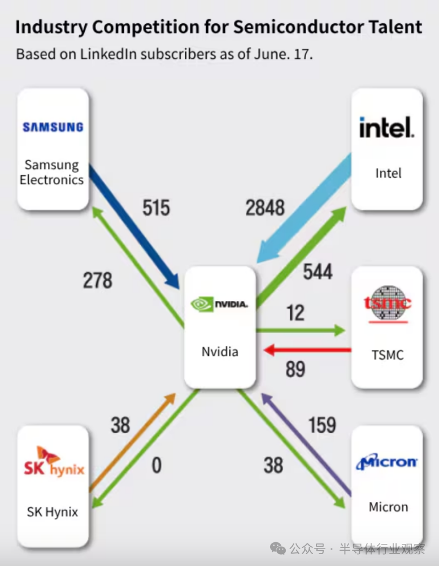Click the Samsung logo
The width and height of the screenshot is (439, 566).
click(53, 127)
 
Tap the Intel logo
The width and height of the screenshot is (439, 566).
click(387, 128)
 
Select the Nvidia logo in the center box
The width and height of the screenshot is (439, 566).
click(220, 304)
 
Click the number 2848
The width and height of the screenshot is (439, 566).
click(265, 208)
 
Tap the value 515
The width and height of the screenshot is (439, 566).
click(156, 208)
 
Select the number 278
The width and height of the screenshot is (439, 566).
click(97, 280)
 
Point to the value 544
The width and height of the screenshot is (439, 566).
click(318, 272)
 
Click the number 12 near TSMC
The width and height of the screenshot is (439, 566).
click(295, 313)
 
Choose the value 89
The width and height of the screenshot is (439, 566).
click(295, 369)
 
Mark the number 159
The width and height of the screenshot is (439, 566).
click(322, 425)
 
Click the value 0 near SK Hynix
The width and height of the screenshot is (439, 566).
click(157, 465)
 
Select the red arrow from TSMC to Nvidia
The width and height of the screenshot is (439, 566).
click(308, 351)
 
